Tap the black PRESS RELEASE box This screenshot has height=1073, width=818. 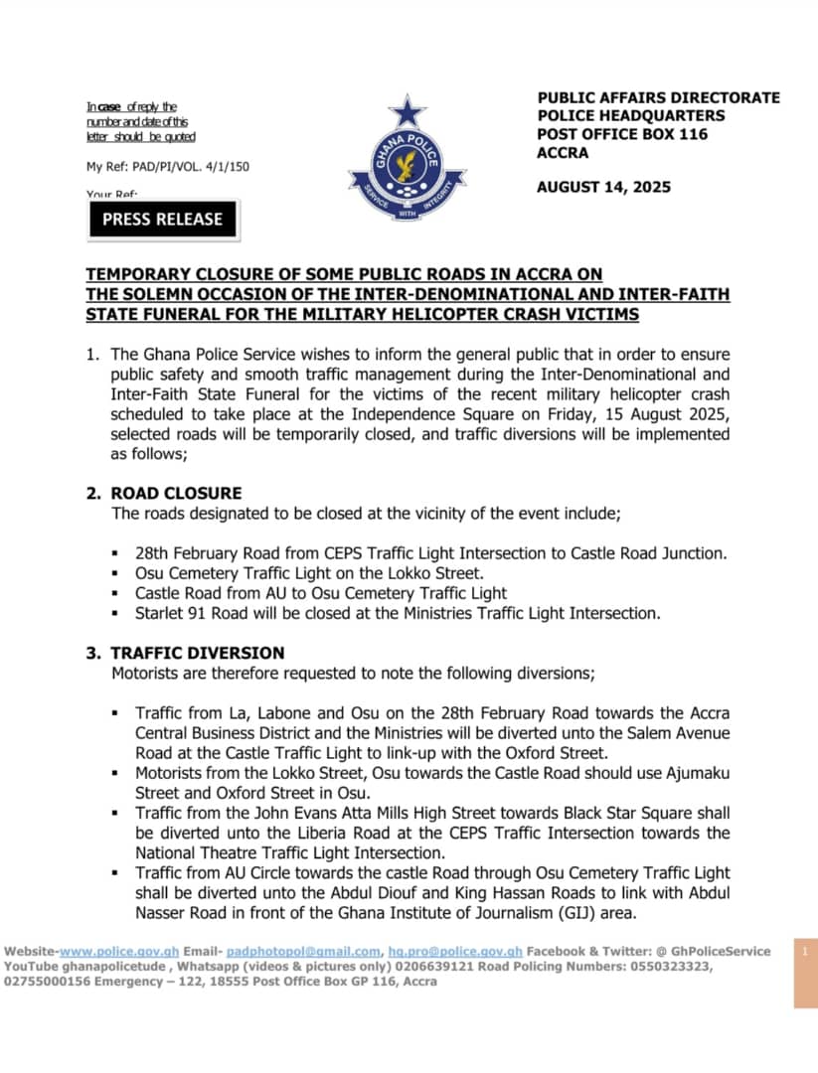coord(163,220)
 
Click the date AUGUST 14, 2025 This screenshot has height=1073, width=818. coord(603,187)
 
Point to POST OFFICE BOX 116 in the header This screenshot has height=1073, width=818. coord(622,134)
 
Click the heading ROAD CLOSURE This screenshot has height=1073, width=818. coord(176,493)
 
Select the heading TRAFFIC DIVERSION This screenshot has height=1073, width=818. coord(198,653)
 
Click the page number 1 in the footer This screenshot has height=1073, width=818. coord(806,952)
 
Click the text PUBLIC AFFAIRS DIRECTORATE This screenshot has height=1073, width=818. coord(658,97)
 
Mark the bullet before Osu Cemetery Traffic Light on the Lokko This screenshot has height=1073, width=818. coord(116,574)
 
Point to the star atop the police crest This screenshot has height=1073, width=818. coord(407,111)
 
